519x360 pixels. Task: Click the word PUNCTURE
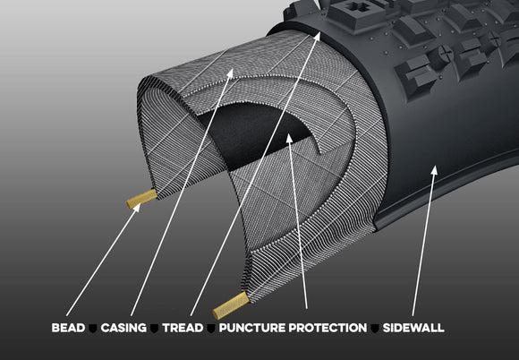coord(251,329)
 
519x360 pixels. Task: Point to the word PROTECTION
coord(328,329)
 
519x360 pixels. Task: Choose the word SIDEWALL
coord(413,329)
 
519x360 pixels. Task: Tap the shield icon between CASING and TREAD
coord(154,329)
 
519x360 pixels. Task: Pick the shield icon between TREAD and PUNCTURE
coord(209,329)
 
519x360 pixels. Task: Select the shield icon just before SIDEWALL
coord(376,329)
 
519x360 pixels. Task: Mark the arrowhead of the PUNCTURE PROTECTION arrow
coord(288,139)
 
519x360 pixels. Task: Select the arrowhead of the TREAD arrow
coord(319,34)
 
